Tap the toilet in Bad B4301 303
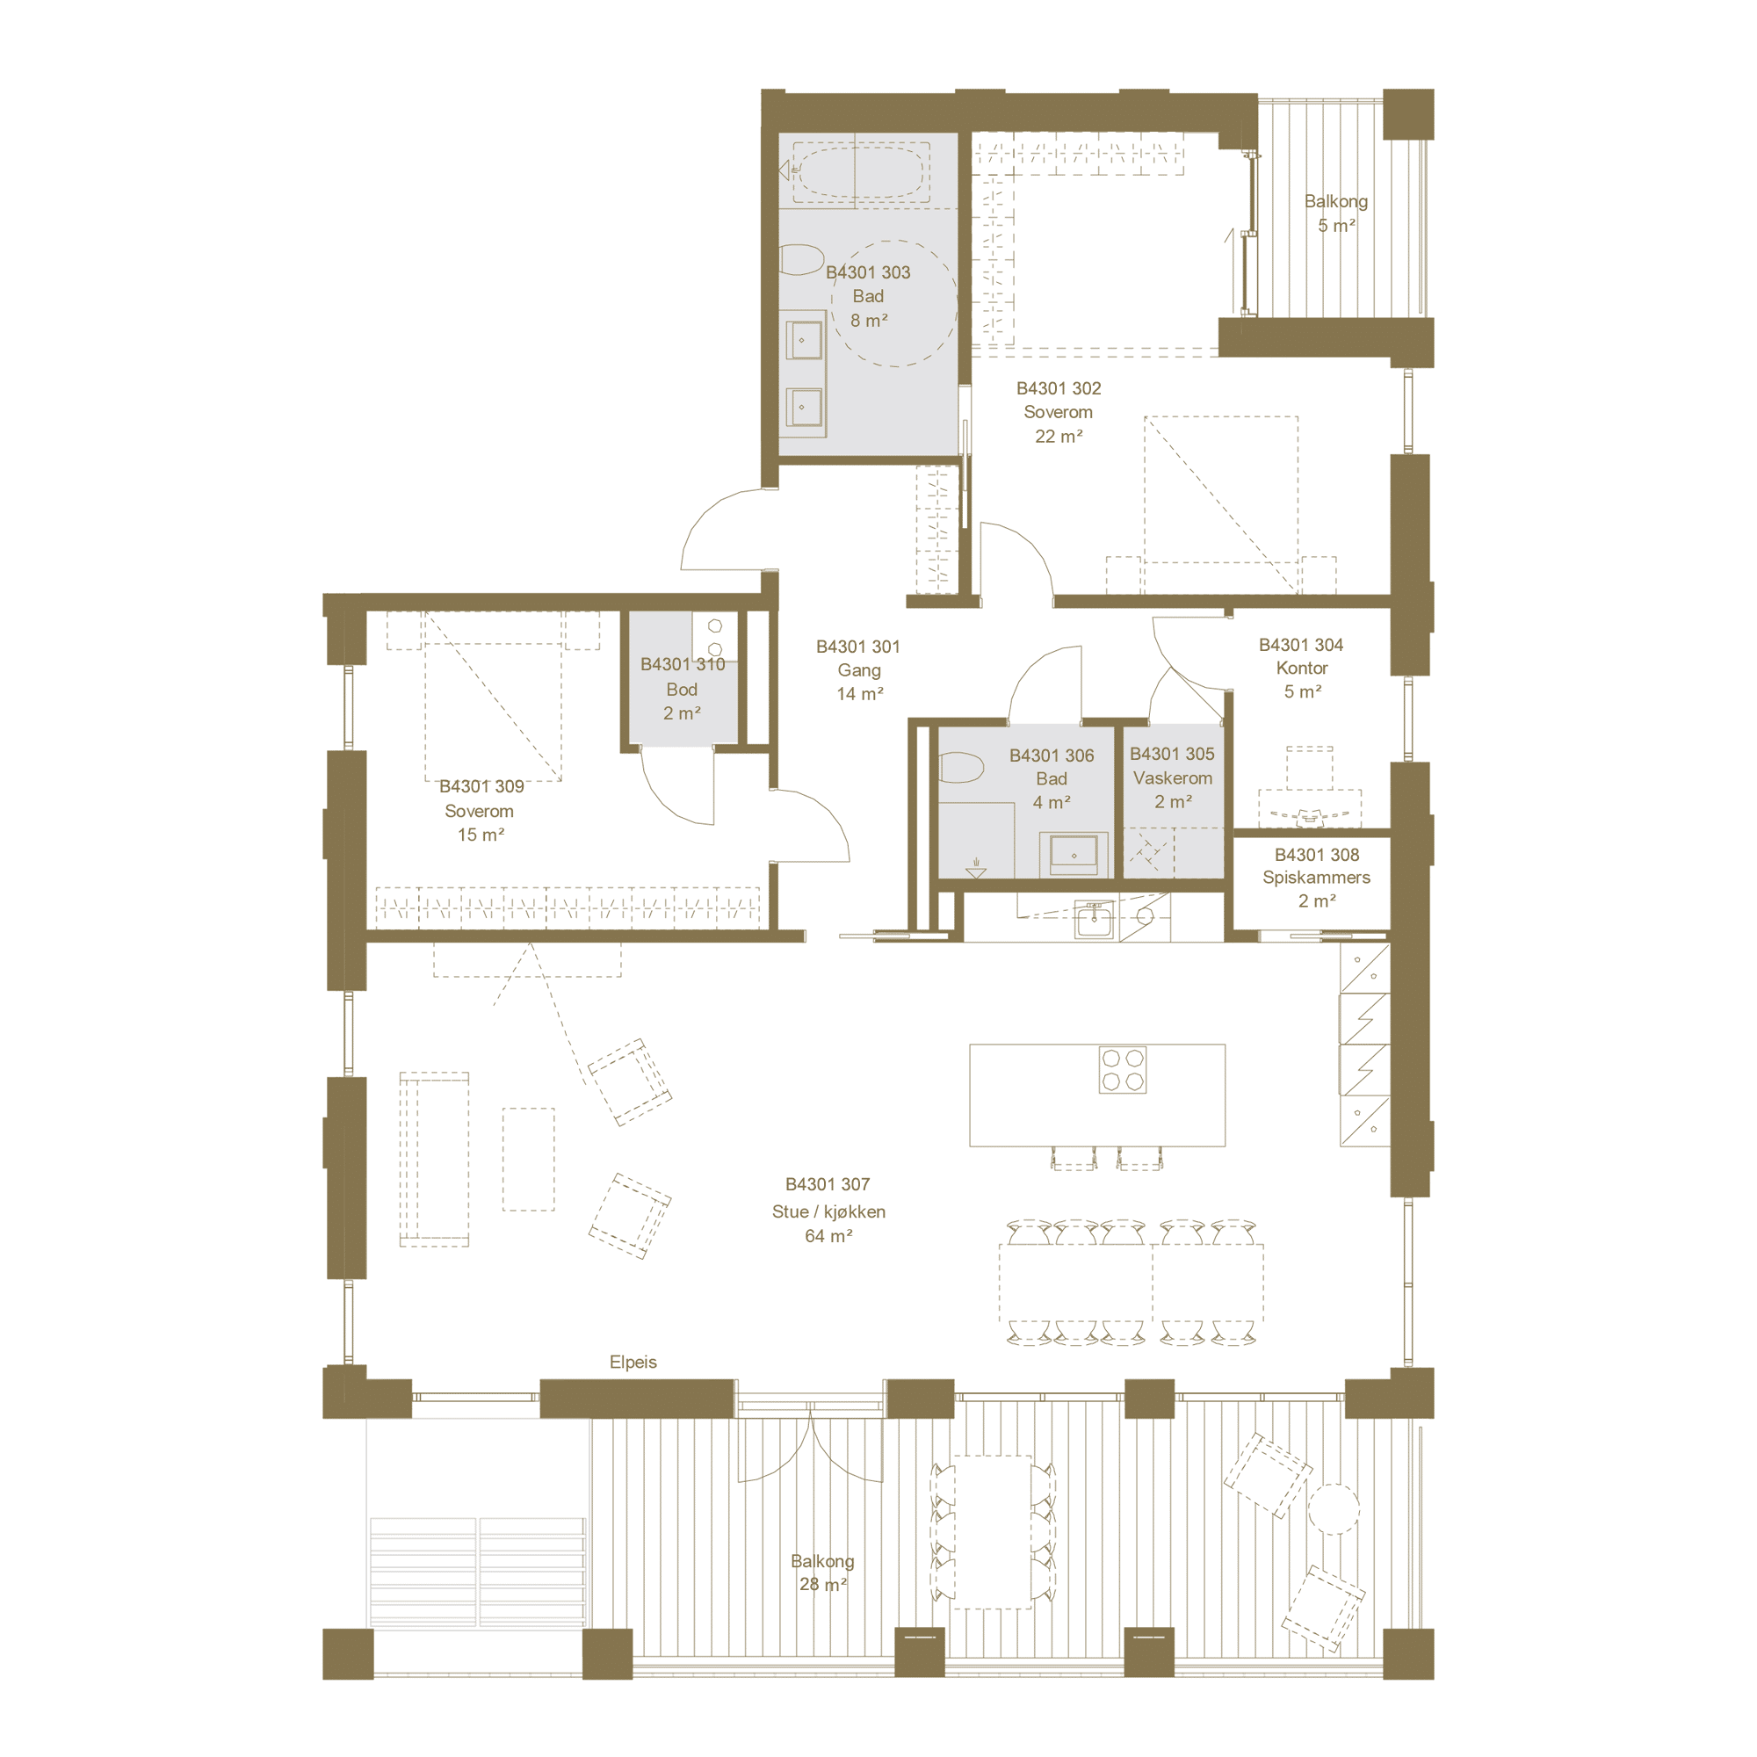coord(800,259)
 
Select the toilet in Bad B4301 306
coord(960,768)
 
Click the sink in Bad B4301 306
coord(1074,855)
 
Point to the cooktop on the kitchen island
coord(1122,1069)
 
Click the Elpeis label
coord(633,1362)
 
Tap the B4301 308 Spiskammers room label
coord(1316,878)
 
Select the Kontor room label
coord(1301,669)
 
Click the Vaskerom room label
coord(1172,777)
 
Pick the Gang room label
coord(858,670)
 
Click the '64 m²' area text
coord(828,1236)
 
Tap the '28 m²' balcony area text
coord(823,1584)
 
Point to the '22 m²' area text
coord(1059,437)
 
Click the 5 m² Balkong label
coord(1336,213)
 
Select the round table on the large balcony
coord(1334,1509)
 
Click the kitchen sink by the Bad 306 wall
coord(1094,920)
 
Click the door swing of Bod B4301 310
coord(677,786)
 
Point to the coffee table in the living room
coord(528,1159)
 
